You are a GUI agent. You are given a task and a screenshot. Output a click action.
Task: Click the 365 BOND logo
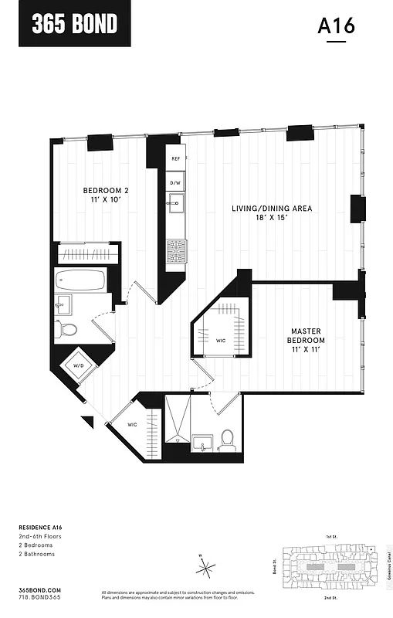click(74, 24)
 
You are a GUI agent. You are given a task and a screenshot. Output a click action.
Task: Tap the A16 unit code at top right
click(336, 25)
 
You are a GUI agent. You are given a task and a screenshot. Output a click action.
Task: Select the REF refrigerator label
click(176, 158)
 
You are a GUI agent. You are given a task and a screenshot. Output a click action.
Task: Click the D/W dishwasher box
click(176, 182)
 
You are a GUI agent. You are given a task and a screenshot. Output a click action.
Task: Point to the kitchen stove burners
click(177, 250)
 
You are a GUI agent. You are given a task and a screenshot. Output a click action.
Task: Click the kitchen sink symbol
click(176, 205)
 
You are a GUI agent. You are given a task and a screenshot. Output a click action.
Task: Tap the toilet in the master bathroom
click(227, 441)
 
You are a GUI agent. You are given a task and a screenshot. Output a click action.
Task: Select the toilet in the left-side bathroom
click(68, 330)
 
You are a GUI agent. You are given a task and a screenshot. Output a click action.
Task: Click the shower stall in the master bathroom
click(177, 420)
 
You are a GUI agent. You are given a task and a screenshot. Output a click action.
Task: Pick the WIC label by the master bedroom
click(220, 339)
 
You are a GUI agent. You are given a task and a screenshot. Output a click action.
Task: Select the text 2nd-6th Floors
click(40, 536)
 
